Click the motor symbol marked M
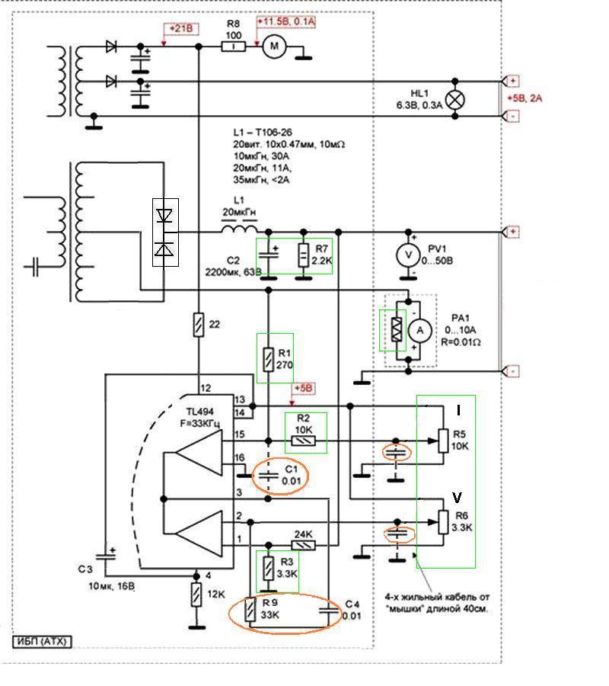274,46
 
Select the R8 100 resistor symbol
234,46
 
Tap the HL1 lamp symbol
454,100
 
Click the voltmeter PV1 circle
409,255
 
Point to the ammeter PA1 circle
420,331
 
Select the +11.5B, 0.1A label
286,21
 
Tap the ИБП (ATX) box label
42,641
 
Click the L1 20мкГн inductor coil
239,229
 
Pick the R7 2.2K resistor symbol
303,256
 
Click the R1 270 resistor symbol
268,359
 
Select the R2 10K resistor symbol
303,441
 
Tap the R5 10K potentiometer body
443,441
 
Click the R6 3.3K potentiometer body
443,522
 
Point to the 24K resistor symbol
303,545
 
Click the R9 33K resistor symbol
250,609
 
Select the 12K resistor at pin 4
196,595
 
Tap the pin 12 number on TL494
206,388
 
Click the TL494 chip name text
200,412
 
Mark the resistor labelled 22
199,325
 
